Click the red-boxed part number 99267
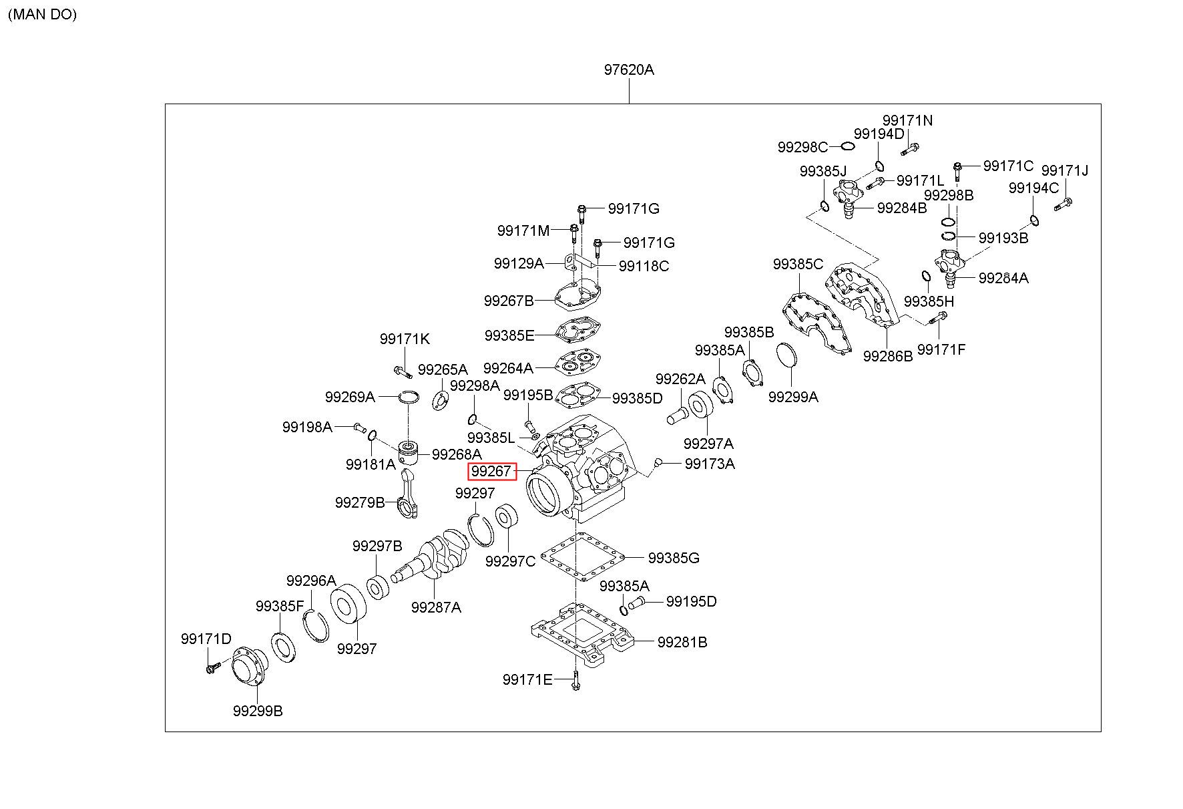[491, 471]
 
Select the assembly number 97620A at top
[629, 69]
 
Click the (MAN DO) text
[42, 14]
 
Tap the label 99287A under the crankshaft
[436, 607]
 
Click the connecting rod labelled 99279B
[409, 493]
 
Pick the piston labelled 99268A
[408, 454]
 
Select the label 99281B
[682, 642]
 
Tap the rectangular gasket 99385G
[581, 556]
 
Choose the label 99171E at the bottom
[527, 680]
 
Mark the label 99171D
[206, 639]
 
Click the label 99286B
[888, 356]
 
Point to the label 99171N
[907, 120]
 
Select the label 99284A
[1003, 278]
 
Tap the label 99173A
[710, 464]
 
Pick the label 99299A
[793, 397]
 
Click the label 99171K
[405, 339]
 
